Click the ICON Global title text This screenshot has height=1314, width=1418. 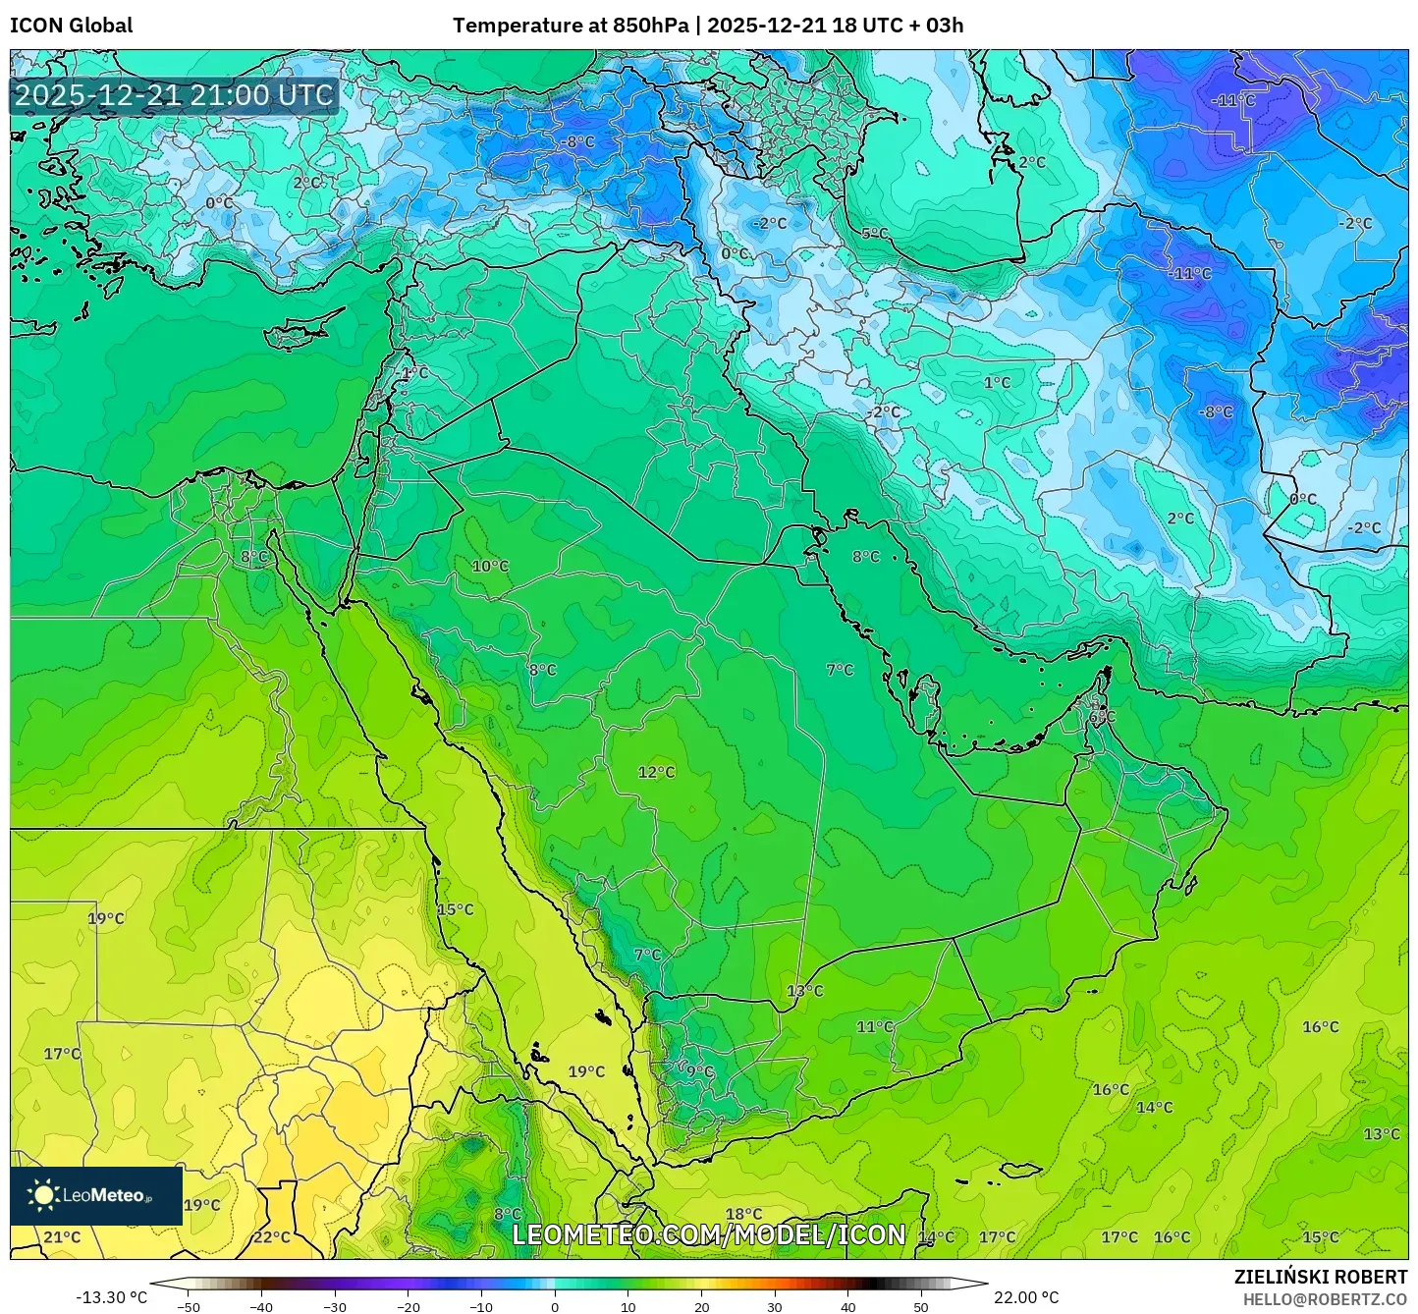[71, 26]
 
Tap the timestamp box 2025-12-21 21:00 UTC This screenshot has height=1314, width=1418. [174, 95]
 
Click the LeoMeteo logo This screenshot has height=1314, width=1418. [95, 1195]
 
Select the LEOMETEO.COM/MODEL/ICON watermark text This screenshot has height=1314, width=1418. [709, 1234]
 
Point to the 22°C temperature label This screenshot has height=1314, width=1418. [272, 1237]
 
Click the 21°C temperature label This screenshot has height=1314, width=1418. [62, 1237]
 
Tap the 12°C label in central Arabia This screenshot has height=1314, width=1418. [656, 773]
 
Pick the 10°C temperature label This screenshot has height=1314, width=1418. [490, 567]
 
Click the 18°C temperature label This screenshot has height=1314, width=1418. [743, 1215]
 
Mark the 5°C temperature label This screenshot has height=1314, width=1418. [874, 234]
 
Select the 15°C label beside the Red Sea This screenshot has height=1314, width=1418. [455, 909]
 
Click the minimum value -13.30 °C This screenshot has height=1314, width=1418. [111, 1297]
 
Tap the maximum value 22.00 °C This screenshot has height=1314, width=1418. [1026, 1297]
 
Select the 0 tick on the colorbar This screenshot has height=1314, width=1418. [555, 1306]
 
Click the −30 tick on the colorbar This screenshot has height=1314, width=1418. [335, 1306]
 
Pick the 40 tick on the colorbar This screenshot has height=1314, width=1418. [847, 1306]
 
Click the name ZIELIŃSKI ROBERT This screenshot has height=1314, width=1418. [1321, 1277]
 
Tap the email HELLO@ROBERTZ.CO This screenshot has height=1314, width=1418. [1325, 1298]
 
